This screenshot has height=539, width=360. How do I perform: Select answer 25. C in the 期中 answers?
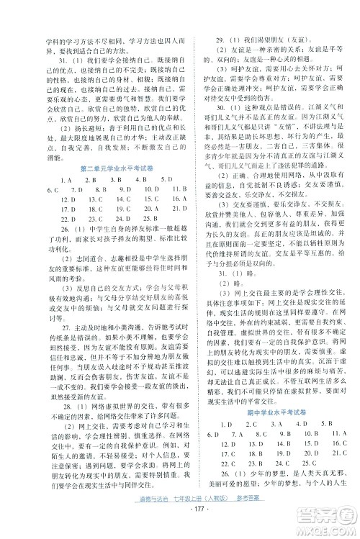(x=321, y=479)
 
